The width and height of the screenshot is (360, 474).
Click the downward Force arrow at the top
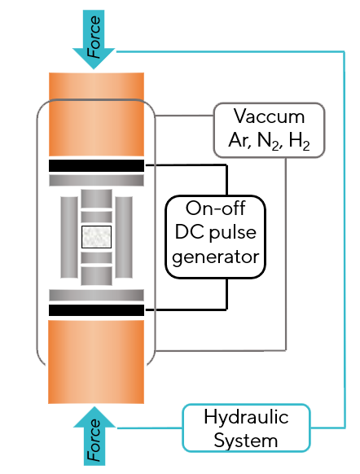tap(94, 39)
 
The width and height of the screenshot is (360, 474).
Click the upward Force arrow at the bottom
tap(94, 436)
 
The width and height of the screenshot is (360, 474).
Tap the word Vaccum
tap(269, 116)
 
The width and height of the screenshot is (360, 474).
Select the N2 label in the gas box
tap(268, 141)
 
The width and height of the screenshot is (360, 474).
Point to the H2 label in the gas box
tap(299, 141)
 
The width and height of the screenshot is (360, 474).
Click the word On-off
tap(215, 208)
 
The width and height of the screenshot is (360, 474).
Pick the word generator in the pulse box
tap(216, 257)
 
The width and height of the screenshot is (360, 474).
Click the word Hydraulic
tap(246, 417)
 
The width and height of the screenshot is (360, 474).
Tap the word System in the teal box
tap(246, 441)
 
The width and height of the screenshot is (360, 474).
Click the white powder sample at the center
tap(96, 237)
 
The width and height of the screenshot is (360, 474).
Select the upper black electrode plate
tap(96, 165)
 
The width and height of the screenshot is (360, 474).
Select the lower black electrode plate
tap(96, 310)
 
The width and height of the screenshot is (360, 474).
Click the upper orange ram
tap(96, 114)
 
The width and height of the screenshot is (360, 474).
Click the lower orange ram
tap(96, 362)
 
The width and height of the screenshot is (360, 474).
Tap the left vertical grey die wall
tap(69, 237)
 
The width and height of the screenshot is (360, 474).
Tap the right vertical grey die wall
tap(124, 237)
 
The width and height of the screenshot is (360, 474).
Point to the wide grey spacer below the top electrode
tap(96, 181)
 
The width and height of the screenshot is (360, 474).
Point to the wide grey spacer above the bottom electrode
tap(96, 296)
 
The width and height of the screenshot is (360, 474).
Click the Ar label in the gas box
tap(239, 140)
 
